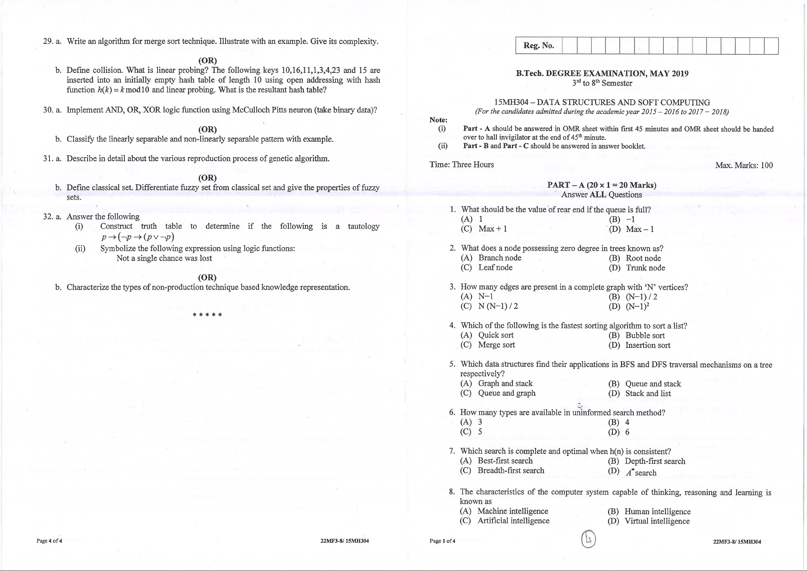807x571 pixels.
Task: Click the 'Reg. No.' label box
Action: pyautogui.click(x=538, y=46)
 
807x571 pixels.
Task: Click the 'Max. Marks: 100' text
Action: pyautogui.click(x=744, y=165)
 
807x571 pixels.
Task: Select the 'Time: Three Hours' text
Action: pyautogui.click(x=461, y=165)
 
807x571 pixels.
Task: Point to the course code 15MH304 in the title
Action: pyautogui.click(x=511, y=102)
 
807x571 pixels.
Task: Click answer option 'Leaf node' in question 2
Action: pyautogui.click(x=495, y=268)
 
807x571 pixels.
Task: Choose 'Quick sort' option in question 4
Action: pyautogui.click(x=496, y=335)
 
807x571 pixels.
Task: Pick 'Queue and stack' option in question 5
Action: pyautogui.click(x=653, y=384)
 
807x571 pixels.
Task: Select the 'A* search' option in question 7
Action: pyautogui.click(x=641, y=472)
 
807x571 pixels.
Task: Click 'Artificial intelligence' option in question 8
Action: pyautogui.click(x=513, y=521)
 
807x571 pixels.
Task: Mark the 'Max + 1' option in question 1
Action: pyautogui.click(x=492, y=229)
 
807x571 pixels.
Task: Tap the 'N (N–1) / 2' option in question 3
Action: pyautogui.click(x=498, y=306)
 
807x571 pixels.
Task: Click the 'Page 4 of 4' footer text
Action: pyautogui.click(x=49, y=541)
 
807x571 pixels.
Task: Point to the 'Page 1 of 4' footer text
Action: pyautogui.click(x=442, y=541)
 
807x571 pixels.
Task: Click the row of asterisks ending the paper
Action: pyautogui.click(x=207, y=315)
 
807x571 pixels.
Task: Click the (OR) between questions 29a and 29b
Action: pyautogui.click(x=207, y=60)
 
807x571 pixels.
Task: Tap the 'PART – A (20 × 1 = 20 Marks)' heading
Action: pyautogui.click(x=601, y=185)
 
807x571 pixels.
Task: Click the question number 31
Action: pyautogui.click(x=48, y=159)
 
